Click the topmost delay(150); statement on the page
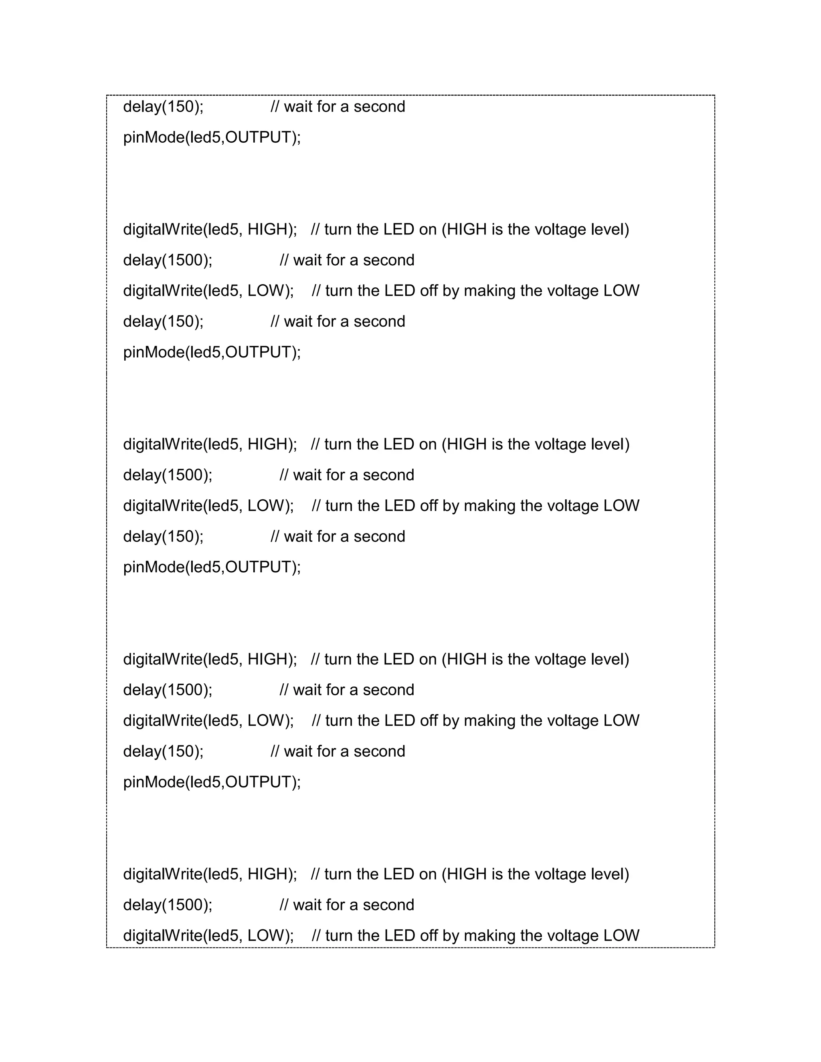click(163, 107)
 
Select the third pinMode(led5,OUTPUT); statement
click(212, 567)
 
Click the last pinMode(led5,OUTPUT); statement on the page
click(212, 782)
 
